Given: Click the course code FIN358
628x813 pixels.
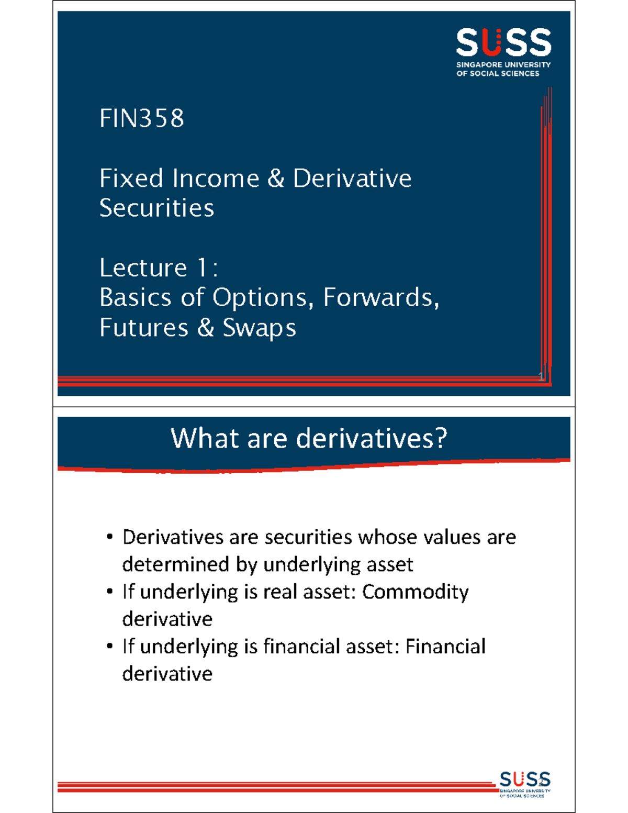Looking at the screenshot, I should pos(142,118).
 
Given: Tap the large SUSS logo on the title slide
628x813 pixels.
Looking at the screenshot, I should pos(503,43).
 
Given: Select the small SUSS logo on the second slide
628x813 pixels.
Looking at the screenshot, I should pos(525,779).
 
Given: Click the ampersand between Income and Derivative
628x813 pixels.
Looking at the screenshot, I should pos(276,179).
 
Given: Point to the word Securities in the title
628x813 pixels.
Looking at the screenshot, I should pos(157,208).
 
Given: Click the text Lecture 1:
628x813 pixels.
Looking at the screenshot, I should pos(159,268).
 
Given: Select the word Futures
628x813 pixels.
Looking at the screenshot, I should pos(144,328).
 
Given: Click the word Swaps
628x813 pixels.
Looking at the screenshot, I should pos(260,328).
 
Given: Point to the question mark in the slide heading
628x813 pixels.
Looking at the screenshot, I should pos(441,438).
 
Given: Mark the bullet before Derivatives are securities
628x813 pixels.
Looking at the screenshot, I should pos(109,537).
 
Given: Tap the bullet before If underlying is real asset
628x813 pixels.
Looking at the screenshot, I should pos(109,592).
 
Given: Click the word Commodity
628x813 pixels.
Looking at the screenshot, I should pos(416,592).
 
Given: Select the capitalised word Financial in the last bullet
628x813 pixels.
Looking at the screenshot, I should pos(445,647).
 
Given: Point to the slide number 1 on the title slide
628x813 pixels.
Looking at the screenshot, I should pos(541,375).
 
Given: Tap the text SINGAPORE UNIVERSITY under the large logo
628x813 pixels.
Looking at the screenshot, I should pos(503,64).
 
